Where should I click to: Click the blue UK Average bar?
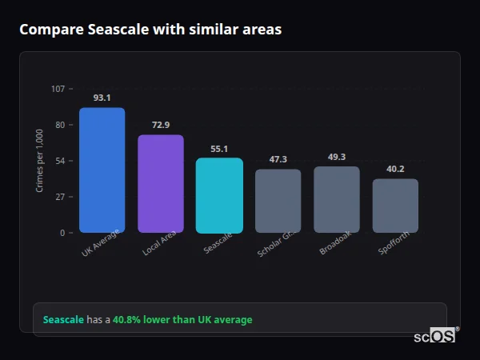pos(102,170)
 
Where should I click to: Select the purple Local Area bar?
pos(161,183)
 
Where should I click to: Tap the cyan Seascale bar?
pos(219,195)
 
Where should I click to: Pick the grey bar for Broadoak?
pos(337,199)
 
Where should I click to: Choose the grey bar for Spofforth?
pos(395,206)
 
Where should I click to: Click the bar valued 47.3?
pos(278,201)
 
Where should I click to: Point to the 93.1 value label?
pos(102,98)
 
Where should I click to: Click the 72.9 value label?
pos(161,125)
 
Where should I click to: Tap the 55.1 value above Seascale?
pos(219,149)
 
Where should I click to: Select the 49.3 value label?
pos(337,157)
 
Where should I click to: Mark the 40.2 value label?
pos(395,169)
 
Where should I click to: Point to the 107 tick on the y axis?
pos(58,88)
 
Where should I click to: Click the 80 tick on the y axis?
pos(60,125)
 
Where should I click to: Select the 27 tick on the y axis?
pos(60,197)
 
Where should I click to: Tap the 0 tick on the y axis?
pos(62,233)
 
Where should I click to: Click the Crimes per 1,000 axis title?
pos(40,161)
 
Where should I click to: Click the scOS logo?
pos(434,336)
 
